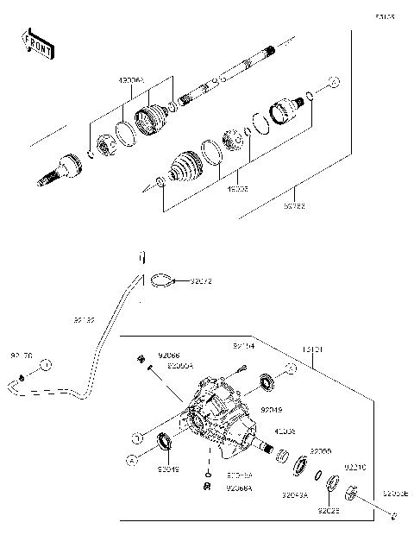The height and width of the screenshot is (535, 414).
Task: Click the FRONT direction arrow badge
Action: tap(36, 43)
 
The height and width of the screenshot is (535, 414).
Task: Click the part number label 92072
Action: tap(201, 280)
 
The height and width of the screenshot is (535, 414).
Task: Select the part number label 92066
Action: tap(169, 354)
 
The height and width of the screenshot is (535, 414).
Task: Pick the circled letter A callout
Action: tap(130, 459)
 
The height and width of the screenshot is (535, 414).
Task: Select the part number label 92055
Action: tap(321, 450)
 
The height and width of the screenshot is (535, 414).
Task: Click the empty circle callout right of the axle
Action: tap(335, 83)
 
